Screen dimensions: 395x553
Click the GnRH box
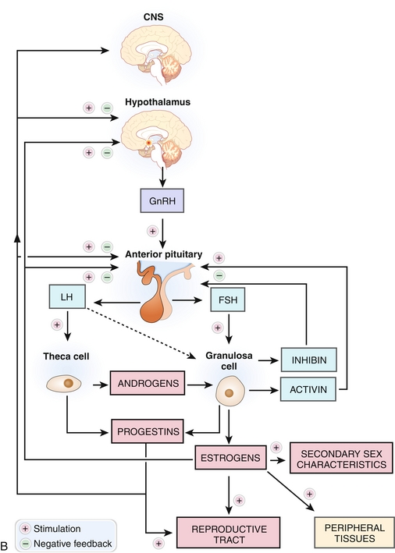pyautogui.click(x=162, y=200)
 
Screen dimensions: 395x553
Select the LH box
pyautogui.click(x=67, y=296)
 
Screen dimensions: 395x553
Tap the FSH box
pyautogui.click(x=228, y=300)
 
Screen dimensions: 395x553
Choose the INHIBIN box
pyautogui.click(x=309, y=360)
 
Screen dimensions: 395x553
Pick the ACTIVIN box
pyautogui.click(x=308, y=389)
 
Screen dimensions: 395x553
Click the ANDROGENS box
pyautogui.click(x=148, y=383)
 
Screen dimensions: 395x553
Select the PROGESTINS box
pyautogui.click(x=148, y=431)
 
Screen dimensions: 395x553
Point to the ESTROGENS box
pyautogui.click(x=230, y=457)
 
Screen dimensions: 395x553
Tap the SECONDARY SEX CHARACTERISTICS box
pyautogui.click(x=341, y=458)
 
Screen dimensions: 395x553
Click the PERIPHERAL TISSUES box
pyautogui.click(x=354, y=533)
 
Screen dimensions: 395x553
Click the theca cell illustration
pyautogui.click(x=64, y=384)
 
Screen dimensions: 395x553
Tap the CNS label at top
pyautogui.click(x=153, y=16)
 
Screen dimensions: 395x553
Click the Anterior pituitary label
pyautogui.click(x=164, y=254)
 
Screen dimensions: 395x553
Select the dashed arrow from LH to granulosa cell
pyautogui.click(x=141, y=333)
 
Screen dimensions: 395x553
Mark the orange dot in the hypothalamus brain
pyautogui.click(x=148, y=143)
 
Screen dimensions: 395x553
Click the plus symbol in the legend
pyautogui.click(x=25, y=529)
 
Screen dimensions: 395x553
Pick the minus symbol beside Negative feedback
pyautogui.click(x=25, y=544)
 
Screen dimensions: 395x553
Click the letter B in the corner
pyautogui.click(x=4, y=546)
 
